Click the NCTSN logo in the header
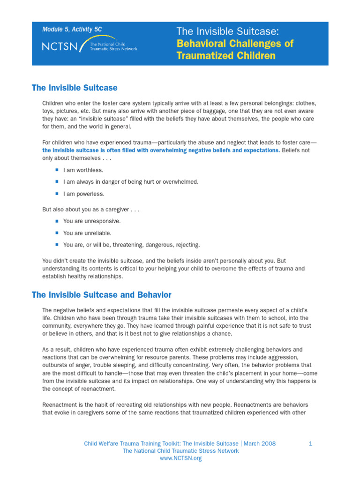pos(89,46)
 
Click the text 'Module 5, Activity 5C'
pos(72,30)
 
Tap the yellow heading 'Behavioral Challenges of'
pos(235,44)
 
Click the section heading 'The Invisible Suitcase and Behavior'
pos(101,295)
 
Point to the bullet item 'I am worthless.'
pos(83,170)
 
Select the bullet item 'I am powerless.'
pos(84,194)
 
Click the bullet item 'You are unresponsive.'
pos(92,221)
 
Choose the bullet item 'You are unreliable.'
pos(87,233)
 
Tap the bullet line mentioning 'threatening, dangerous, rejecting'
pos(131,245)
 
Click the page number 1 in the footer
pos(310,443)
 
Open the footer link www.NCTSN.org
pos(180,458)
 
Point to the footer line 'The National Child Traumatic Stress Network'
pos(180,451)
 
